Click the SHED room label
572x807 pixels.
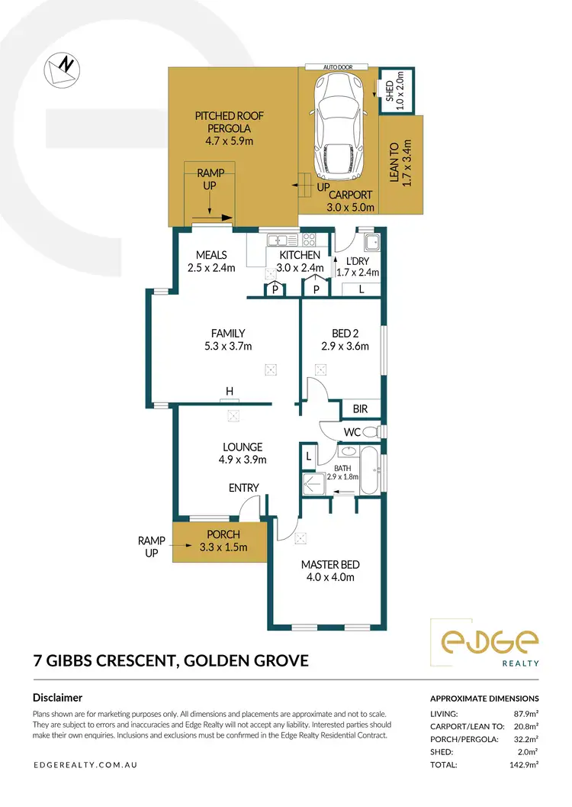click(x=389, y=92)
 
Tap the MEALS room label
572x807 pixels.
click(x=211, y=261)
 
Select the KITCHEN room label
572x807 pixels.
click(x=299, y=261)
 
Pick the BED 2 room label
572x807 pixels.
click(x=345, y=339)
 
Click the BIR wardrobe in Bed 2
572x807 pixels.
click(x=360, y=409)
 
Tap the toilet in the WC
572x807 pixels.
click(x=370, y=432)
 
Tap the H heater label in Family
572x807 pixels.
click(x=229, y=392)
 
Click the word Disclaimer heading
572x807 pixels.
click(x=58, y=697)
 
